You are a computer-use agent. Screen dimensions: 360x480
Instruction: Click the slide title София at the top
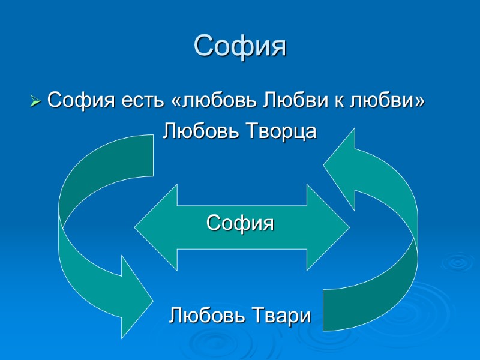(x=240, y=46)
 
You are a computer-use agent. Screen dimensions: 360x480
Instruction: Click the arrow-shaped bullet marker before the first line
(x=35, y=101)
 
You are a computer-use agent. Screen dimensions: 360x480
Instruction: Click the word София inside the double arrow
(x=240, y=223)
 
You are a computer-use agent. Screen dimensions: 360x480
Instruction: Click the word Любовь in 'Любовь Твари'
(x=204, y=314)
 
